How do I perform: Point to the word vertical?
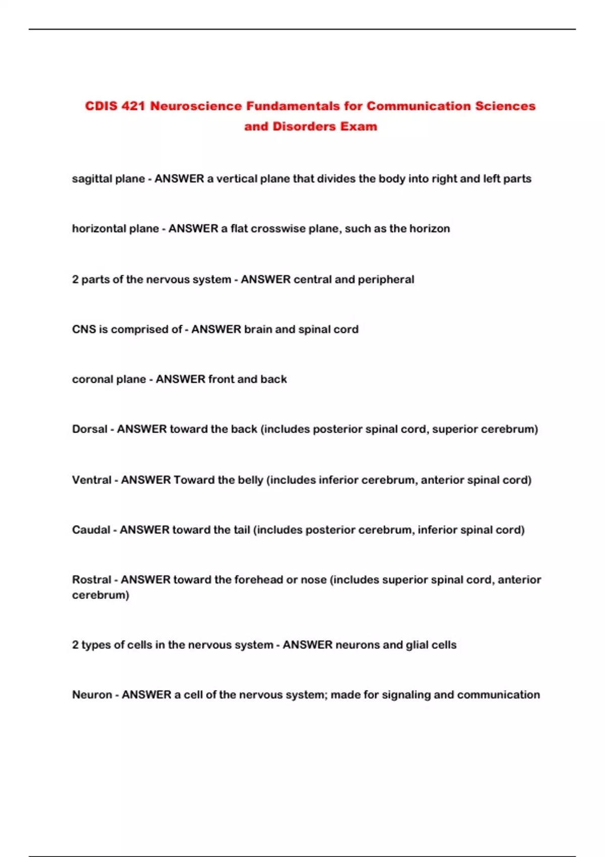[236, 178]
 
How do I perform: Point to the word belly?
[251, 480]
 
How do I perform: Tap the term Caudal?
[91, 530]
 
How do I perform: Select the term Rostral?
[92, 580]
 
